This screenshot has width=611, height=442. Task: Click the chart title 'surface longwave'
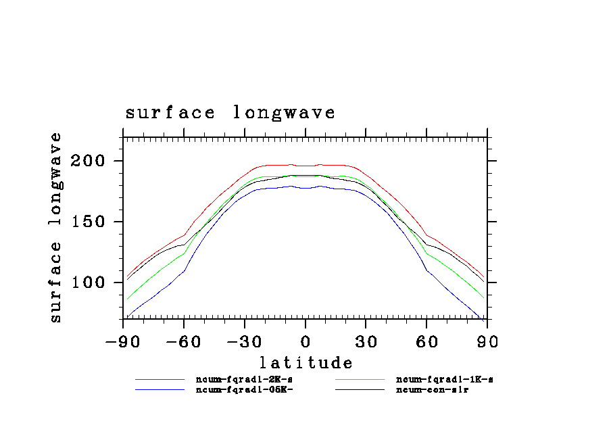coord(230,112)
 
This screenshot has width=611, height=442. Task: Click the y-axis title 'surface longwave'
coord(55,227)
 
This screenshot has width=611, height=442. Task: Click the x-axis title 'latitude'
coord(305,363)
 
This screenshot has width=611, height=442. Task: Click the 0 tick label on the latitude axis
coord(305,341)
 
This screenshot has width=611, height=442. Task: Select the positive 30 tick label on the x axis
coord(366,341)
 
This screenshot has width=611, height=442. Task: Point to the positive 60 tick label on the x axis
coord(426,341)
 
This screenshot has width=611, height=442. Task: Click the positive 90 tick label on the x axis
coord(487,341)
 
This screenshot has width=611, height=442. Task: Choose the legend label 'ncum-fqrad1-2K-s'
coord(244,380)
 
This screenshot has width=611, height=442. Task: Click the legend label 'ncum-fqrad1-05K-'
coord(244,390)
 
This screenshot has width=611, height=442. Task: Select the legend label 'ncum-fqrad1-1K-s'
coord(444,380)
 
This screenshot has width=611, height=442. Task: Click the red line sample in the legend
coord(160,380)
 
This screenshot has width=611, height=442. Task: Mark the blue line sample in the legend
coord(160,390)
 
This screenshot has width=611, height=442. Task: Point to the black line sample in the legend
coord(360,390)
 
